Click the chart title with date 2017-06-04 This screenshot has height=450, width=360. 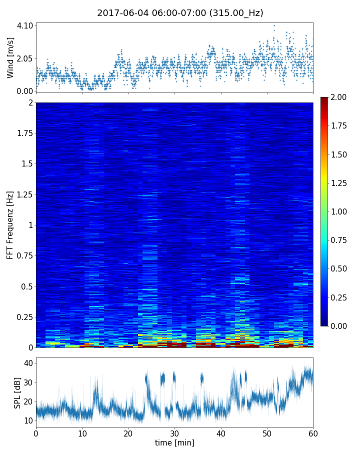coord(180,13)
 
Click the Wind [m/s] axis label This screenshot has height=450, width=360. coord(10,57)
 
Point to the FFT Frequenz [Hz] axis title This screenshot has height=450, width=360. coord(10,225)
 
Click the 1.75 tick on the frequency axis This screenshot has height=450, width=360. coord(23,133)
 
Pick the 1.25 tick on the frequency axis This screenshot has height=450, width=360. coord(23,194)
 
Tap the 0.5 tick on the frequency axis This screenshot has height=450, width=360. coord(26,286)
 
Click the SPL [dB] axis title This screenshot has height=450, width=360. coord(18,393)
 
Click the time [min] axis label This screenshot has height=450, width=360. coord(174,442)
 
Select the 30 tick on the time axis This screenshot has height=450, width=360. coord(174,432)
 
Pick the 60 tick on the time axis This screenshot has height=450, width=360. coord(313,432)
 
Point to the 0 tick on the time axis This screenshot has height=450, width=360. coord(36,432)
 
